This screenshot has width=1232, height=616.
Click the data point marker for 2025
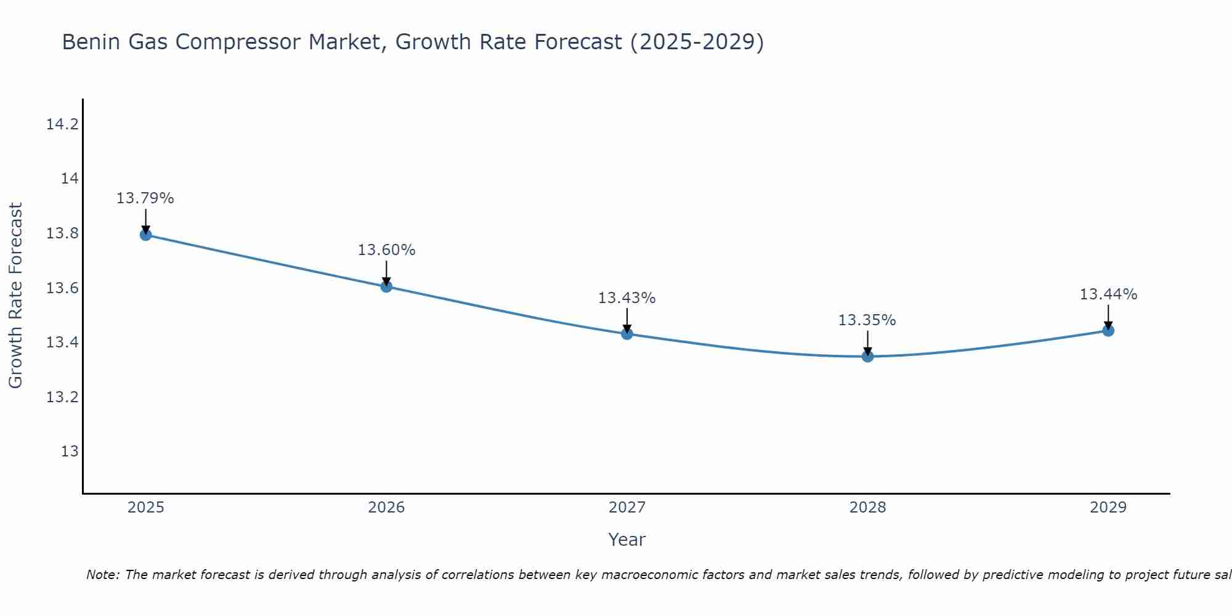tap(146, 235)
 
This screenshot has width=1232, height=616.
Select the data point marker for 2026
tap(386, 286)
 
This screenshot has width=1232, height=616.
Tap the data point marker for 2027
tap(627, 334)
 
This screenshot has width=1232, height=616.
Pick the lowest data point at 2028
tap(867, 356)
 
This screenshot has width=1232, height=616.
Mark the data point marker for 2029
tap(1108, 331)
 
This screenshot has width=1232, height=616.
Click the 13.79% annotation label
tap(145, 198)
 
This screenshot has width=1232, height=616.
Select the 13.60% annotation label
tap(386, 250)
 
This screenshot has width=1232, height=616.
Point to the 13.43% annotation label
tap(626, 298)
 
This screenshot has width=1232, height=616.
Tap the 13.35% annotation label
tap(867, 320)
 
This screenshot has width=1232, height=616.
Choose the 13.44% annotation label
tap(1108, 294)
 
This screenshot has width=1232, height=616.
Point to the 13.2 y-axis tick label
tap(62, 397)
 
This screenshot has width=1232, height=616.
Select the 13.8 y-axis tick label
tap(62, 233)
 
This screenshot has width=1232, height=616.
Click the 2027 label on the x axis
tap(627, 508)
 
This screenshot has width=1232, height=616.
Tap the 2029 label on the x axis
tap(1108, 508)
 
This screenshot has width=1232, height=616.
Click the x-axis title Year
tap(626, 540)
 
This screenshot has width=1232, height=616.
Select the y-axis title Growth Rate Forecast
tap(15, 296)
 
